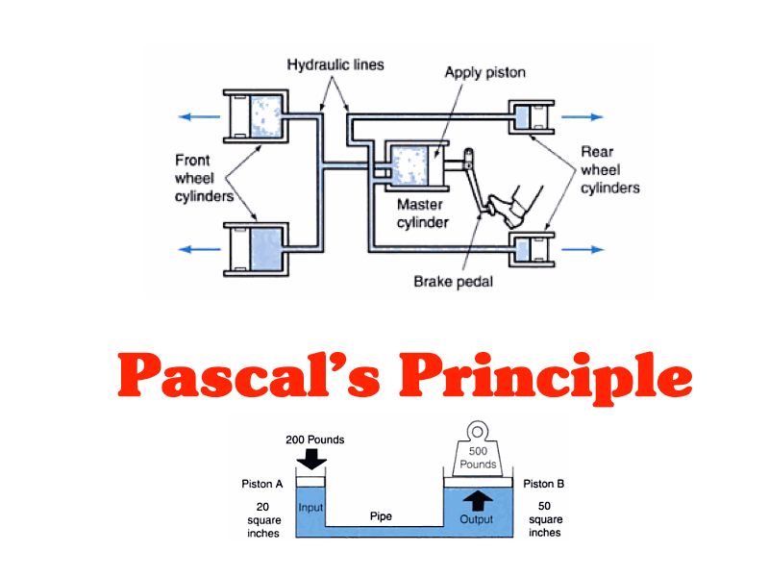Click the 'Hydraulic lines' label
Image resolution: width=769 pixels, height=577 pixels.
click(x=335, y=65)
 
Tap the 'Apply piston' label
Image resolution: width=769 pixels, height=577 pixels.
click(x=485, y=73)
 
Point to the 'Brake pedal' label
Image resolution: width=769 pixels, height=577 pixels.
click(x=453, y=282)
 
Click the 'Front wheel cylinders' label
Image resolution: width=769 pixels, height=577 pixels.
click(x=204, y=178)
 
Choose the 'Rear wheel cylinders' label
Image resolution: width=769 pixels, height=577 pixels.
click(x=609, y=170)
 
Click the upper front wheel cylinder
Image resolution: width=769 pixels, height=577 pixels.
click(x=256, y=115)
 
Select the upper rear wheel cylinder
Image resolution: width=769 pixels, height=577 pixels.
click(x=528, y=116)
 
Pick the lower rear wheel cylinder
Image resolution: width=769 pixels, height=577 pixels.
click(x=528, y=249)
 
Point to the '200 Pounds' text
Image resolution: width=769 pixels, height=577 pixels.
click(x=314, y=439)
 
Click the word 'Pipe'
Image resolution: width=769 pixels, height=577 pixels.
click(x=381, y=516)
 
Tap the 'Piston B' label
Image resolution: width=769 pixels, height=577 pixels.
click(x=544, y=484)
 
